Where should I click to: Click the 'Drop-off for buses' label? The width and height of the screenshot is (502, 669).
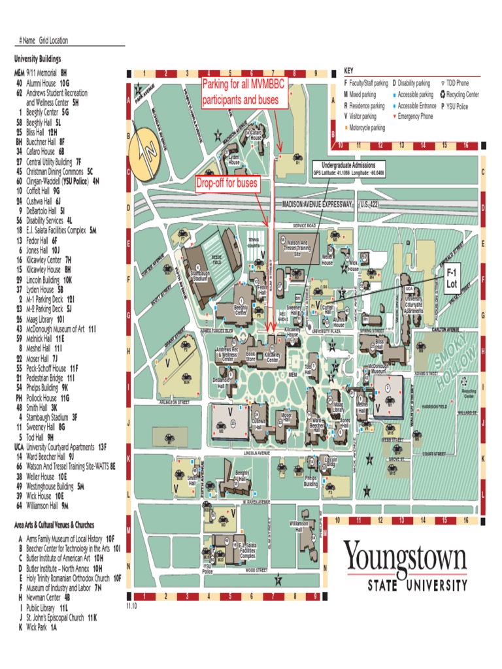(x=227, y=184)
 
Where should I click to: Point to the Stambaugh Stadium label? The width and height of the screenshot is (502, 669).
(x=200, y=276)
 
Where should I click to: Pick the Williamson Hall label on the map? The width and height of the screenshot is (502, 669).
(x=299, y=526)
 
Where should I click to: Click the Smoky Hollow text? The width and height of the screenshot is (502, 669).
(x=447, y=366)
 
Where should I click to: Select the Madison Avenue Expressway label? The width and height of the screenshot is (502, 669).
(x=318, y=204)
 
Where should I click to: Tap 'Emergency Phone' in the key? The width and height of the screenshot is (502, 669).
(x=416, y=116)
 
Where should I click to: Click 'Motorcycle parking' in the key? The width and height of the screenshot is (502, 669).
(x=367, y=128)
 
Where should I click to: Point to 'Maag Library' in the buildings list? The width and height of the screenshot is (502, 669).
(x=44, y=319)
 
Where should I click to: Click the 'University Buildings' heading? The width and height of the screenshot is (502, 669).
(x=41, y=59)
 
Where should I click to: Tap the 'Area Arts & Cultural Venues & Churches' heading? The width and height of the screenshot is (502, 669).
(x=54, y=525)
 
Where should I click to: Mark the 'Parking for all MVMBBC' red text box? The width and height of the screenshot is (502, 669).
(x=241, y=92)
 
